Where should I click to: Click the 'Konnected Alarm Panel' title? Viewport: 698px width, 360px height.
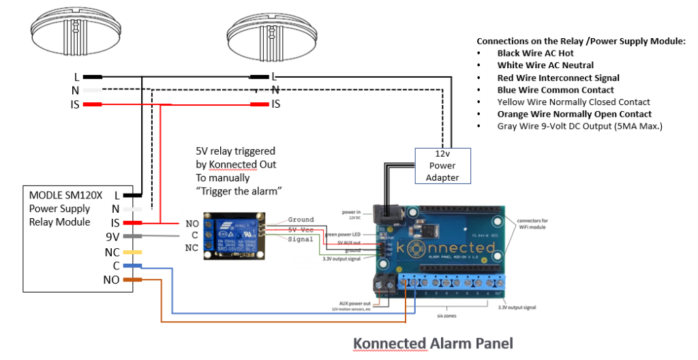[432, 343]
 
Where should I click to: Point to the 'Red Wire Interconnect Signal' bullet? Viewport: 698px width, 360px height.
[558, 78]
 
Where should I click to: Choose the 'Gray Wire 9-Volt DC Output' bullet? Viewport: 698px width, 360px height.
[579, 126]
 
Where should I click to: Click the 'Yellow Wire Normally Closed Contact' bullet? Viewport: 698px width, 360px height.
[573, 102]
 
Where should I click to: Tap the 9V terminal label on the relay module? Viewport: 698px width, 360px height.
[112, 237]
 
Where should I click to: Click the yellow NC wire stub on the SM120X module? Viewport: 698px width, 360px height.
[132, 252]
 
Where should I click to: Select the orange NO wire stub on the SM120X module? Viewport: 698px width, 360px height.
[132, 280]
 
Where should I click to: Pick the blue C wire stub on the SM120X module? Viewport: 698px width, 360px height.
[132, 266]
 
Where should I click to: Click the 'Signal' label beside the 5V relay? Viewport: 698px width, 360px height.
[301, 239]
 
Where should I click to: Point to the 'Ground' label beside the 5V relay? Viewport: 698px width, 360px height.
[301, 220]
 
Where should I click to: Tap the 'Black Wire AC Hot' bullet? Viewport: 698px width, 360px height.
[535, 53]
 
